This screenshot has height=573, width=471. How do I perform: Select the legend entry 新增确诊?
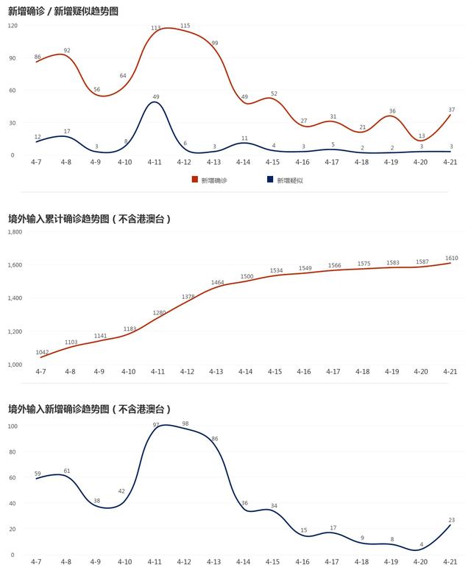pos(209,180)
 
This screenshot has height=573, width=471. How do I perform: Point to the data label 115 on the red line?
pos(185,26)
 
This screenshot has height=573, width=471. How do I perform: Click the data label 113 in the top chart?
pos(155,28)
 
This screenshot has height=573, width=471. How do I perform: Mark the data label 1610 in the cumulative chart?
pos(451,258)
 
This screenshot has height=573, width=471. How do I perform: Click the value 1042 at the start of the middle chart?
pos(42,352)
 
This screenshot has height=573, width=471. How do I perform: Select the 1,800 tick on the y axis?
pos(15,232)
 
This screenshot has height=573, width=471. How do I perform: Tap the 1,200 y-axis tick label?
pos(15,331)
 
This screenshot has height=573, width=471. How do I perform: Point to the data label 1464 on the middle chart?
pos(217,282)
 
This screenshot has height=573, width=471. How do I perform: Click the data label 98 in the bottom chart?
pos(185,423)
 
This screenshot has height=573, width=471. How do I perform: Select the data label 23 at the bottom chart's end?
pos(451,519)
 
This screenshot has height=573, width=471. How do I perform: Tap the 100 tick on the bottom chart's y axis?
pos(13,426)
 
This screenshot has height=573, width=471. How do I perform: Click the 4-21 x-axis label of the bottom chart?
pos(450,562)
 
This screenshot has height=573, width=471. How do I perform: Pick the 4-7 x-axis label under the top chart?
pos(37,162)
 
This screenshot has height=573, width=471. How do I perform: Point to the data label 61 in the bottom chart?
pos(67,471)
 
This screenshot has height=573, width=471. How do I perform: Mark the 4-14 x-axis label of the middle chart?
pos(244,372)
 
